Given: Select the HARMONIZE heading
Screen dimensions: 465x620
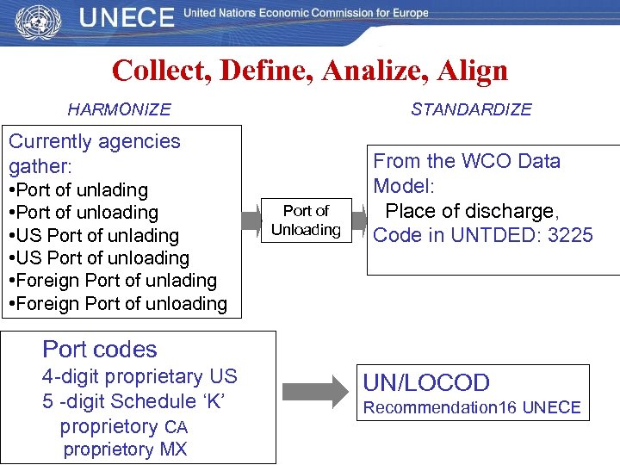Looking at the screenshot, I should click(119, 109).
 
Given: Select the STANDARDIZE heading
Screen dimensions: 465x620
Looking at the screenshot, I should click(471, 109).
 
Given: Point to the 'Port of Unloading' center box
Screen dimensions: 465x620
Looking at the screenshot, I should click(306, 220).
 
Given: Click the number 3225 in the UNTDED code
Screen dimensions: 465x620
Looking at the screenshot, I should click(567, 235).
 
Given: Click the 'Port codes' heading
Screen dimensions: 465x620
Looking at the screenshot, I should click(100, 350).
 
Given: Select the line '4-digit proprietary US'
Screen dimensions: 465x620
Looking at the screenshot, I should click(139, 376).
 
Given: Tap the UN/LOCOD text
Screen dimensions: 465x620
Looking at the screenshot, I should click(426, 383).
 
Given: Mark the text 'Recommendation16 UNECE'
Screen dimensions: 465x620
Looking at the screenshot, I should click(472, 407).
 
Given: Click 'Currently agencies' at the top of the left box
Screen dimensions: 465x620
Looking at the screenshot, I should click(95, 141).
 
